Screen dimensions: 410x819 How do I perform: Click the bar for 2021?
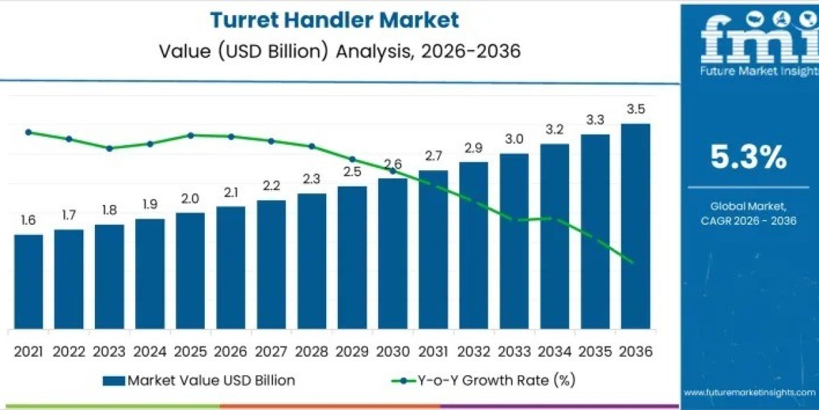point(29,282)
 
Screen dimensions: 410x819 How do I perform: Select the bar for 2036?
point(635,225)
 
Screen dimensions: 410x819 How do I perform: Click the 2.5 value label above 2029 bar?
point(352,172)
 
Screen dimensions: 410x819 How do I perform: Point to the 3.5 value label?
point(635,109)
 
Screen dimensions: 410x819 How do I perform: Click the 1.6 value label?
point(29,220)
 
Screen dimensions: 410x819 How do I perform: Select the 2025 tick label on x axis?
point(190,351)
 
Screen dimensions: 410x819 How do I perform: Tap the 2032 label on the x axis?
point(474,351)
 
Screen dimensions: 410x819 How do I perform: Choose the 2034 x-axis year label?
point(554,351)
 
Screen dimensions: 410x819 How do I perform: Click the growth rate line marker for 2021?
point(29,132)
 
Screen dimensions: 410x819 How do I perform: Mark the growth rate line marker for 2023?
point(109,148)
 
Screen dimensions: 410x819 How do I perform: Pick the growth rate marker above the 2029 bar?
point(352,159)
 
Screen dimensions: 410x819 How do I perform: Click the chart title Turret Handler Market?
point(334,20)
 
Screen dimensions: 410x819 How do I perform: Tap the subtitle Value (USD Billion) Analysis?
point(334,51)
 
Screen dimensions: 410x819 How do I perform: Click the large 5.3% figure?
point(749,159)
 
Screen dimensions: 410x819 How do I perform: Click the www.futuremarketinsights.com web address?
point(749,392)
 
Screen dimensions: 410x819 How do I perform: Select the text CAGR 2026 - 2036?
point(749,220)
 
